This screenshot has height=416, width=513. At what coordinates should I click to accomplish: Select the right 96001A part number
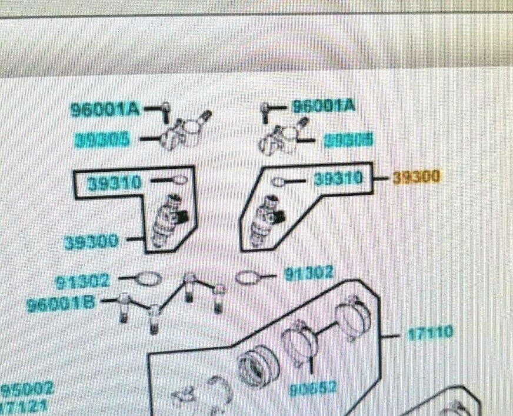pyautogui.click(x=324, y=106)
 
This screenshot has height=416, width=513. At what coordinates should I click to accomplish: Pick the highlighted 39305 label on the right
pyautogui.click(x=349, y=140)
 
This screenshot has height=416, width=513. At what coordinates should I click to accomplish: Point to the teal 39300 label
pyautogui.click(x=91, y=241)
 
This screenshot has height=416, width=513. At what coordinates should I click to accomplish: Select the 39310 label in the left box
pyautogui.click(x=115, y=184)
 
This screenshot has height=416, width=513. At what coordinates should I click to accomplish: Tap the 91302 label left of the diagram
pyautogui.click(x=83, y=282)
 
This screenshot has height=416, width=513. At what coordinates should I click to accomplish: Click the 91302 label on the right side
pyautogui.click(x=309, y=274)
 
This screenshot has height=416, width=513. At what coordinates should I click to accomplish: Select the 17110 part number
pyautogui.click(x=431, y=333)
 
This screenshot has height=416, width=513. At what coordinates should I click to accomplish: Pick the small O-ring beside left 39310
pyautogui.click(x=179, y=180)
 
